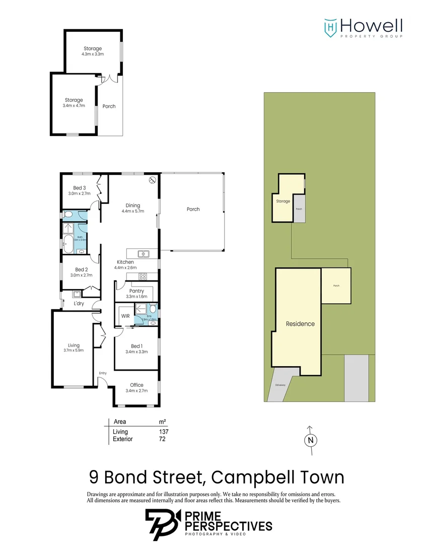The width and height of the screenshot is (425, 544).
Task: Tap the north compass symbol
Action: tap(311, 440)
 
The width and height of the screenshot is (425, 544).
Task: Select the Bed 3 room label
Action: tap(79, 188)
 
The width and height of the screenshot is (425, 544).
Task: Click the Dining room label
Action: tap(133, 206)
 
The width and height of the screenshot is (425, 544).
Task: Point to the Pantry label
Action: tap(136, 291)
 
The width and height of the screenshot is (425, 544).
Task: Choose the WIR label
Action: tap(125, 316)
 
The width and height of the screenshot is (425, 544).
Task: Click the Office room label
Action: tap(136, 385)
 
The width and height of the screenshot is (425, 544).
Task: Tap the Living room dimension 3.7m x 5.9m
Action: tap(74, 351)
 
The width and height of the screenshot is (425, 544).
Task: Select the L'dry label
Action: tap(79, 304)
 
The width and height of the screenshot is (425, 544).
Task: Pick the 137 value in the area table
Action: tap(163, 432)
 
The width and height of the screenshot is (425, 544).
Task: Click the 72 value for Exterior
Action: tap(162, 439)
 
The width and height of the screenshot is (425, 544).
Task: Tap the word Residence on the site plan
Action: tap(300, 324)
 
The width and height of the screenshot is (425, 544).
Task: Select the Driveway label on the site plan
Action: tap(280, 385)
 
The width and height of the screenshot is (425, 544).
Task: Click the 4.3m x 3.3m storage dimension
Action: tap(93, 54)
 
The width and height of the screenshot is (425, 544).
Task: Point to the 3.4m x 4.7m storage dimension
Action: tap(74, 105)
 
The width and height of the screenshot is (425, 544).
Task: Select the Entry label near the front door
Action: tap(103, 373)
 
